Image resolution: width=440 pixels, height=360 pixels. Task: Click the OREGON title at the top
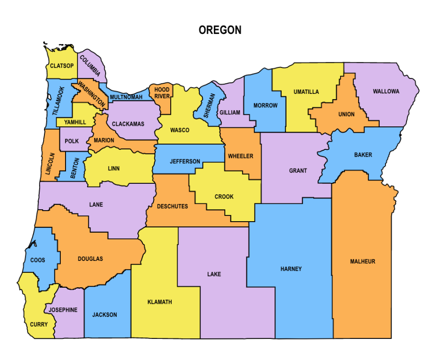(220, 30)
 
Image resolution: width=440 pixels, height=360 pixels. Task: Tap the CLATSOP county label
(62, 66)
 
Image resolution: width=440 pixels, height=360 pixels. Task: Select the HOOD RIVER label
(162, 93)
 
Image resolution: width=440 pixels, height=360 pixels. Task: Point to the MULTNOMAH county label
(126, 97)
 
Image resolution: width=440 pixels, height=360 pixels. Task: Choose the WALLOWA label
(386, 91)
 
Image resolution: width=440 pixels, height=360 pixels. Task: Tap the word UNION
(346, 114)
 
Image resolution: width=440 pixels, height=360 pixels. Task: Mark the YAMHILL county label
(75, 123)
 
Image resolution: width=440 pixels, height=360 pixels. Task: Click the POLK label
(72, 141)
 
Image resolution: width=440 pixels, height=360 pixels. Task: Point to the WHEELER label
(241, 156)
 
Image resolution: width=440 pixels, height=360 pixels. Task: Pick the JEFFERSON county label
(185, 161)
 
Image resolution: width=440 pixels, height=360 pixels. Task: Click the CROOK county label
(224, 197)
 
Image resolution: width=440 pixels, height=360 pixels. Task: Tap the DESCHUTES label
(173, 207)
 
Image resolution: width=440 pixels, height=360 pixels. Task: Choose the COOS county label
(38, 260)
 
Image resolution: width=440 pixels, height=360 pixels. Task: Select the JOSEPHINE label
(63, 310)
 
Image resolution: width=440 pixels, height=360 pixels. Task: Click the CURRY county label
(39, 325)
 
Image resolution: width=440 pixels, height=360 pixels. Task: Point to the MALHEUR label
(363, 261)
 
